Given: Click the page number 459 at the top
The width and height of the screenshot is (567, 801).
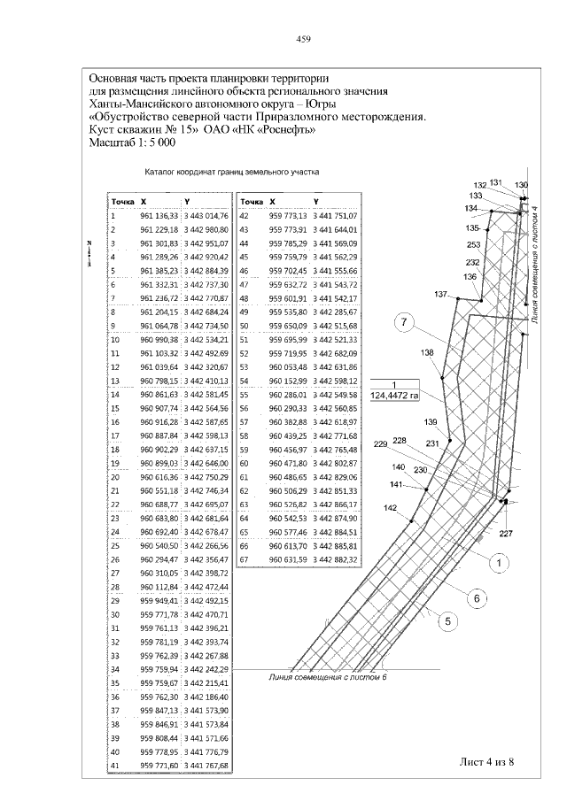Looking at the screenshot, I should (302, 40).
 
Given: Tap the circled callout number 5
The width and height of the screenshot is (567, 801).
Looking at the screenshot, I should (448, 621).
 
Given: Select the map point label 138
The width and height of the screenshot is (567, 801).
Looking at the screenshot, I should (428, 352).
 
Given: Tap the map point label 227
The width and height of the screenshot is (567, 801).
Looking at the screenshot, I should (506, 533).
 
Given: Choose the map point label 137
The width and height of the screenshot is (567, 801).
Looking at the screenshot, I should (441, 294).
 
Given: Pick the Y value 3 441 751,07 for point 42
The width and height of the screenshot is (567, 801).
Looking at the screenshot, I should (336, 215).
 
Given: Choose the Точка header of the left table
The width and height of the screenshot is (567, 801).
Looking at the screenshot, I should (122, 201).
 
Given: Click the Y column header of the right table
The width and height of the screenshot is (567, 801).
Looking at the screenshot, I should (316, 201).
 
